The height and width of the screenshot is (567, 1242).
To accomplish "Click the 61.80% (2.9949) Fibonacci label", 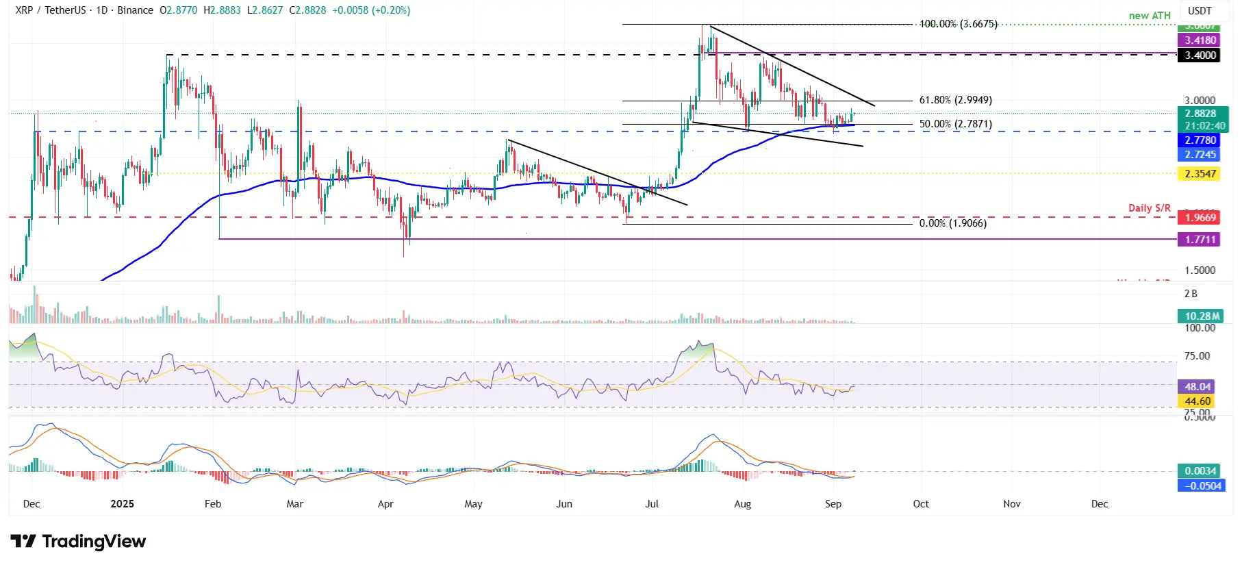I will [x=955, y=100].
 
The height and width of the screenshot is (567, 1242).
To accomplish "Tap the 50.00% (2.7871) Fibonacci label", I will [x=955, y=124].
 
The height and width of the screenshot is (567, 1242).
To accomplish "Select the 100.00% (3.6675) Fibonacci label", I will [x=958, y=24].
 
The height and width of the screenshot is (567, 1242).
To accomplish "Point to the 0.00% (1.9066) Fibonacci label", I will [x=952, y=223].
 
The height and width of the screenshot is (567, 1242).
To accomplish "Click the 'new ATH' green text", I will [x=1150, y=16].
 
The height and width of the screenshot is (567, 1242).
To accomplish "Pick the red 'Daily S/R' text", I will [x=1150, y=207].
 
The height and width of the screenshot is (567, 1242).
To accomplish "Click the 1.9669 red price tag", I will [x=1200, y=218].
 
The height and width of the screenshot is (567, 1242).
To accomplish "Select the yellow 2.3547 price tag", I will [x=1200, y=174].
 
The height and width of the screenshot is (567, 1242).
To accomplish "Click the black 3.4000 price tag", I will [x=1200, y=55].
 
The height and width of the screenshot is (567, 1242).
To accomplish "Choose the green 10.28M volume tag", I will [x=1202, y=316].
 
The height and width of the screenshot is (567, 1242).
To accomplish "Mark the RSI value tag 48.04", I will [x=1197, y=387].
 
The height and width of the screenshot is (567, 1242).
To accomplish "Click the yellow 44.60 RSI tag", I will [x=1197, y=401].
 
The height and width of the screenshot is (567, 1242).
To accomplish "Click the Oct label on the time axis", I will [x=921, y=504].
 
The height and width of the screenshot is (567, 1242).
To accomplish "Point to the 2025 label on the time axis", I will [x=123, y=504].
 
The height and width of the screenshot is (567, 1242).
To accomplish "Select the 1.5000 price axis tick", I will [x=1200, y=270].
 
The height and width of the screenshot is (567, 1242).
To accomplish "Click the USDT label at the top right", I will [x=1200, y=11].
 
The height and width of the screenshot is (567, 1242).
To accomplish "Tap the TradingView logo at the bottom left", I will [x=78, y=542].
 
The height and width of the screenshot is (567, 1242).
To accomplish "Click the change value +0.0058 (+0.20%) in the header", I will [x=371, y=10].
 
